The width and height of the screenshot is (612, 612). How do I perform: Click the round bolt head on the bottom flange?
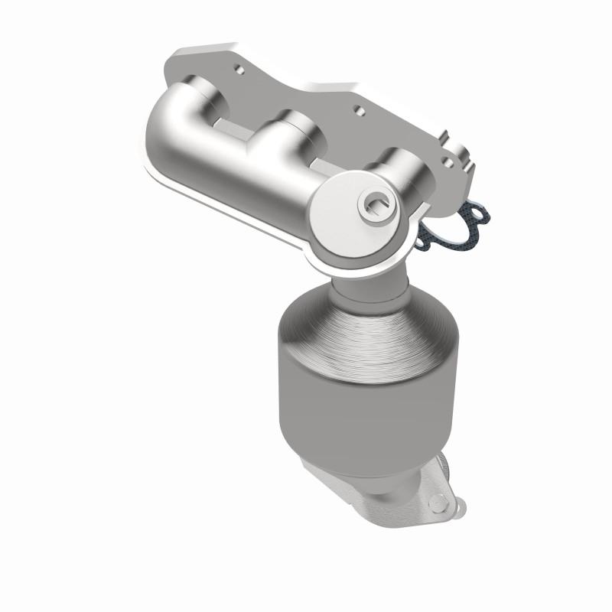pyautogui.click(x=437, y=503)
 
